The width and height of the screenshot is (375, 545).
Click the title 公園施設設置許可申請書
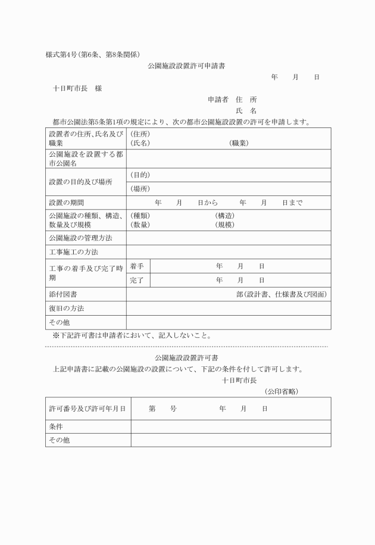tap(186, 66)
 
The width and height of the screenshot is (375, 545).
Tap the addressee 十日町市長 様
tap(77, 89)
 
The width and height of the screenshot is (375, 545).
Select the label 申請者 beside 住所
tap(218, 99)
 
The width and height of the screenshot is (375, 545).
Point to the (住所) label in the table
tap(140, 134)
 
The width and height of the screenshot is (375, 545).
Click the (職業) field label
tap(239, 144)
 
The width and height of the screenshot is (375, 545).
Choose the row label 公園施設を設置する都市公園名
tap(86, 158)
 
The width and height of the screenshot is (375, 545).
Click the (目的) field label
tap(140, 175)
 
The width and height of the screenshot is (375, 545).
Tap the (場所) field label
tap(140, 189)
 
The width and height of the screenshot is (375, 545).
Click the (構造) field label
tap(225, 215)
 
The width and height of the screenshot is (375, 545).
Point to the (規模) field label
tap(225, 225)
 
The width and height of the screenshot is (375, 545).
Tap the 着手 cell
tap(137, 266)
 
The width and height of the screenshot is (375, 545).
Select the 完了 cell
tap(137, 280)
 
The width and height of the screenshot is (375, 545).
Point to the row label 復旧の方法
tap(67, 309)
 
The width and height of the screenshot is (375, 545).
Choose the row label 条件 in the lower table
tap(56, 426)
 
